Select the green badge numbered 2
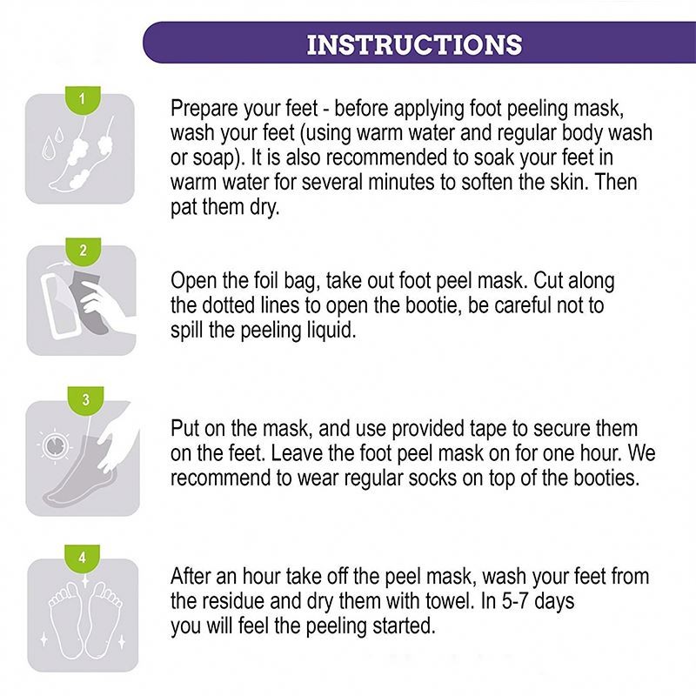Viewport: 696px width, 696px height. click(83, 251)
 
